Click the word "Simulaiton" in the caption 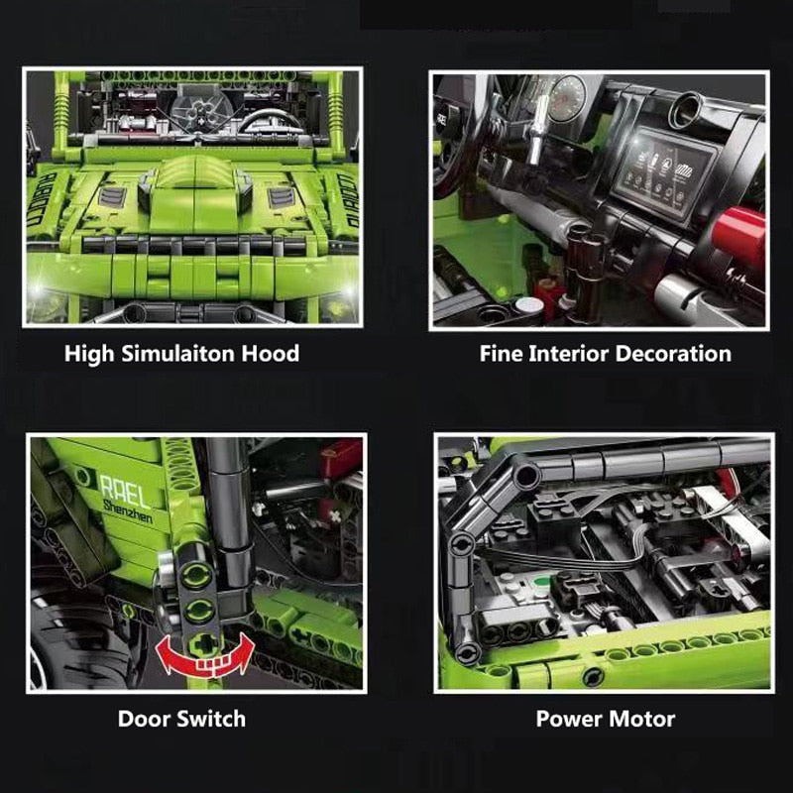[x=178, y=353]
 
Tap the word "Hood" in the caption [x=271, y=353]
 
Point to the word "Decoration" [x=673, y=354]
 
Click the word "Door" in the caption [x=140, y=719]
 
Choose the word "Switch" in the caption [x=207, y=719]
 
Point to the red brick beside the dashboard [x=740, y=234]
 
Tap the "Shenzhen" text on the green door [x=128, y=510]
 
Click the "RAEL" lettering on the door [x=125, y=490]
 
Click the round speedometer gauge [x=566, y=97]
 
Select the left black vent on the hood [x=112, y=195]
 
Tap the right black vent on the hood [x=281, y=197]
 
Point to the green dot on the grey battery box [x=540, y=582]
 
